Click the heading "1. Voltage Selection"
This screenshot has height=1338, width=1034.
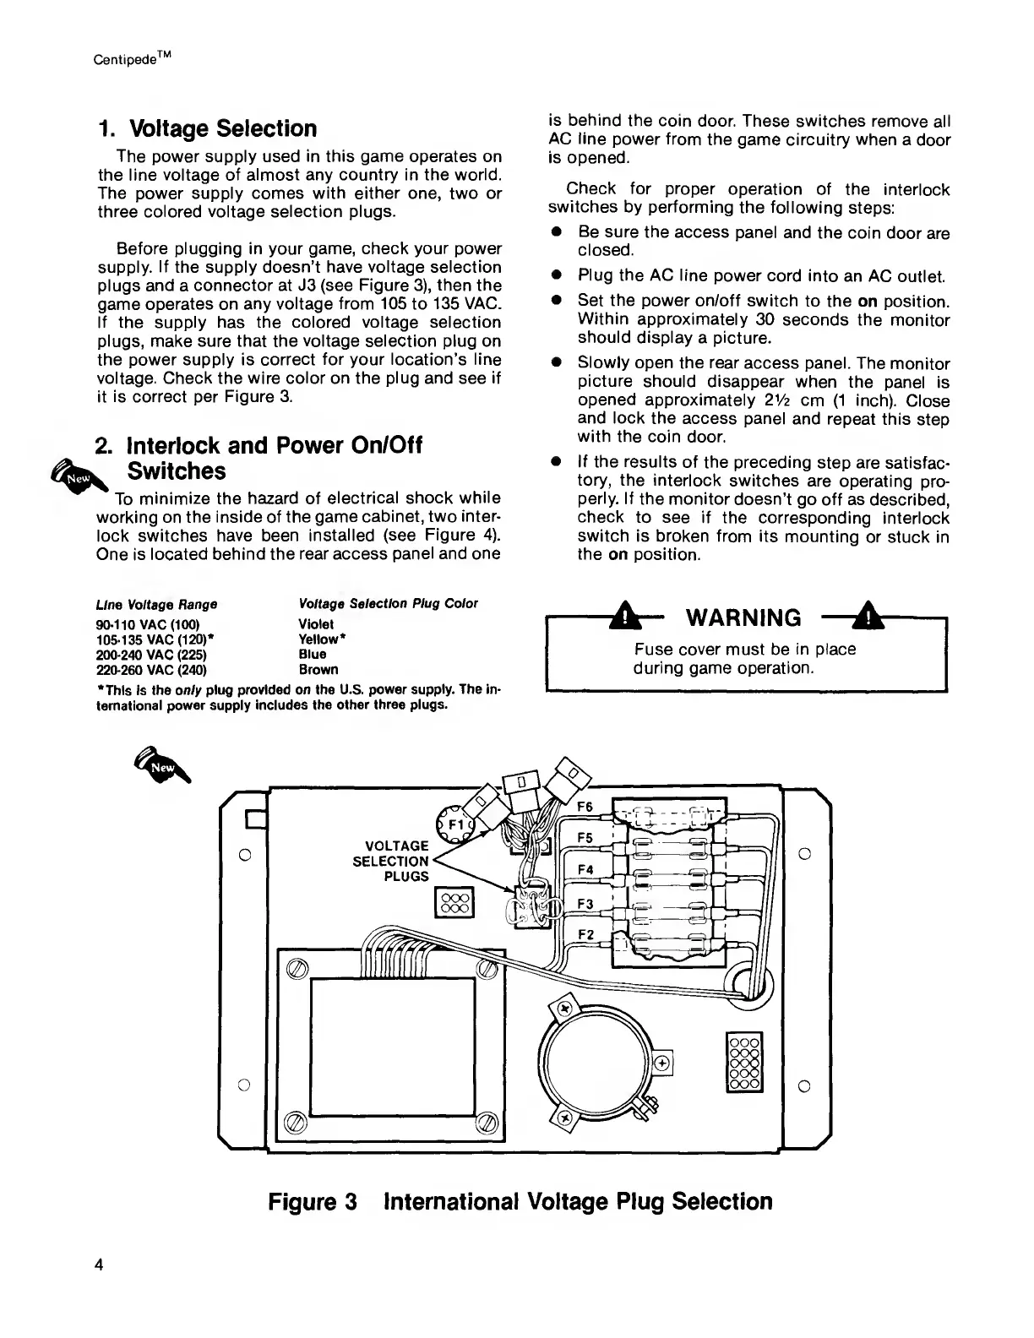click(208, 129)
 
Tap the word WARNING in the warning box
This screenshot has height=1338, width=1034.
click(745, 618)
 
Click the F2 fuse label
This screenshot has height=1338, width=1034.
click(586, 933)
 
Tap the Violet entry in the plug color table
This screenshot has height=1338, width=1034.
click(317, 624)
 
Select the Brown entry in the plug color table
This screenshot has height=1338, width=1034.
click(318, 670)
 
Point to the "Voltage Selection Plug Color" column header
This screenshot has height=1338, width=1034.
click(389, 604)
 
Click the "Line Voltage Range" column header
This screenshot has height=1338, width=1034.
click(157, 605)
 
